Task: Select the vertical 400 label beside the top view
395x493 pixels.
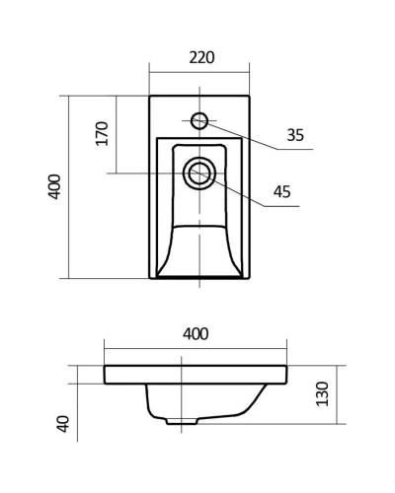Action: (55, 186)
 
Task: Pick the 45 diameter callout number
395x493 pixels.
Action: (281, 193)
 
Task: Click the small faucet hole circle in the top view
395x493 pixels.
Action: (198, 121)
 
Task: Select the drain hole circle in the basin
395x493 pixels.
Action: (197, 174)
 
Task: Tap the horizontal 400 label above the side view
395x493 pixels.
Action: (196, 334)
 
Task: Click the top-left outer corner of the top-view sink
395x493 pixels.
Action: (150, 96)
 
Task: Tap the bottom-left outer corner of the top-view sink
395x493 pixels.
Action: (150, 279)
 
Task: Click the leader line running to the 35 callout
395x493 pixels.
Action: (247, 138)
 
